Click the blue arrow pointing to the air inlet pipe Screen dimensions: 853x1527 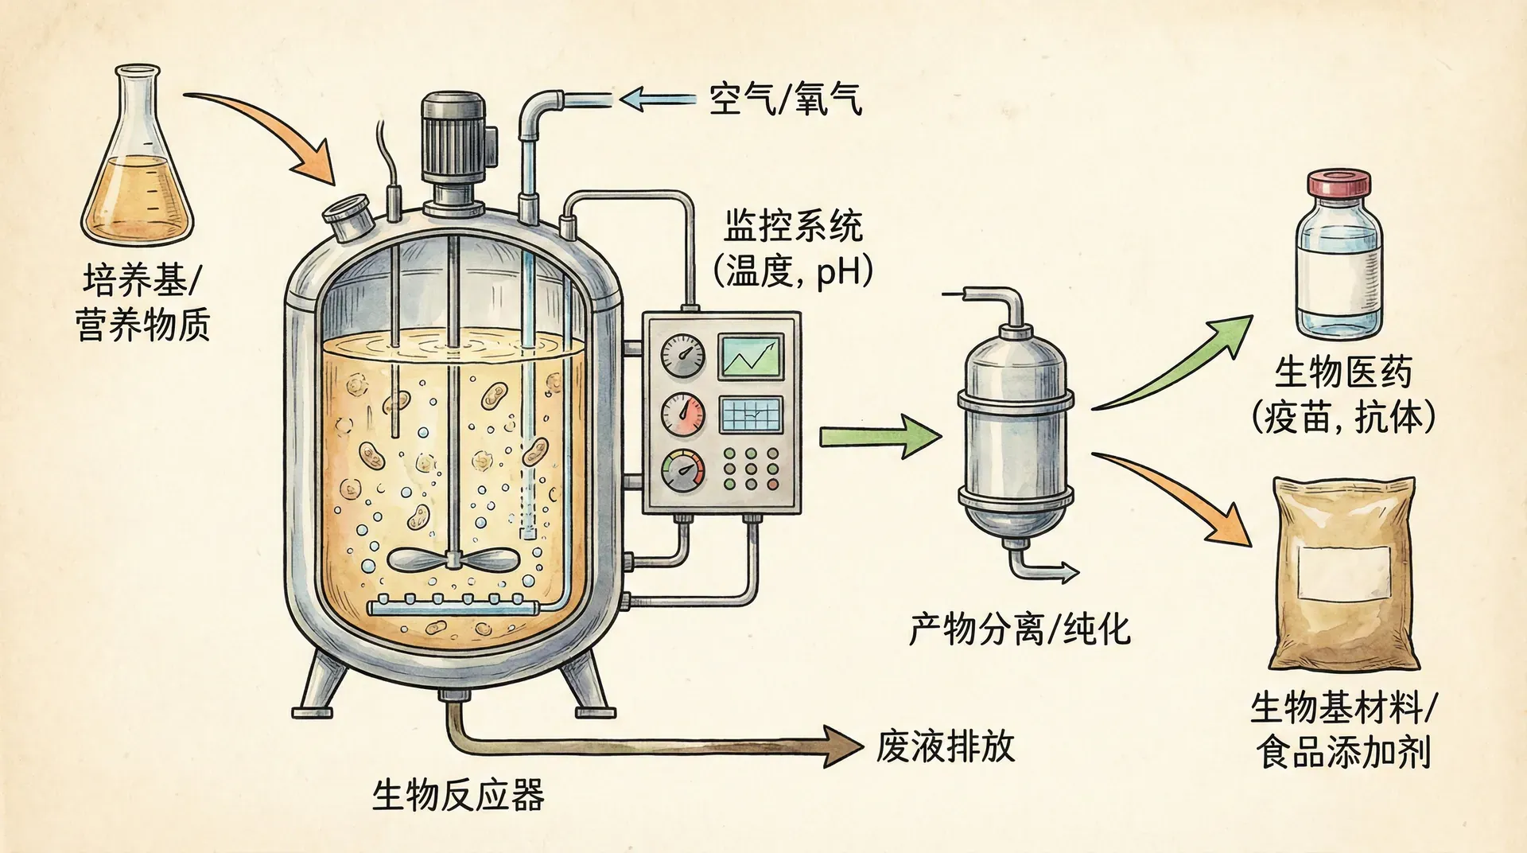pyautogui.click(x=657, y=99)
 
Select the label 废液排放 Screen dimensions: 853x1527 pyautogui.click(x=946, y=746)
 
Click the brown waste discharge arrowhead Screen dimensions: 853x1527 pyautogui.click(x=843, y=746)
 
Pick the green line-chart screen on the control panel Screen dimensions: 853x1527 pyautogui.click(x=751, y=357)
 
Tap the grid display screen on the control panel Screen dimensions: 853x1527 pyautogui.click(x=751, y=415)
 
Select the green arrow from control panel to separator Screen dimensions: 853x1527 pyautogui.click(x=879, y=436)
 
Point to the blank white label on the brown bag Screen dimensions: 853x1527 pyautogui.click(x=1344, y=574)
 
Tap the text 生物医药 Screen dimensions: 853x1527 pyautogui.click(x=1343, y=372)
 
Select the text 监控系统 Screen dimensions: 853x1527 pyautogui.click(x=793, y=227)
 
